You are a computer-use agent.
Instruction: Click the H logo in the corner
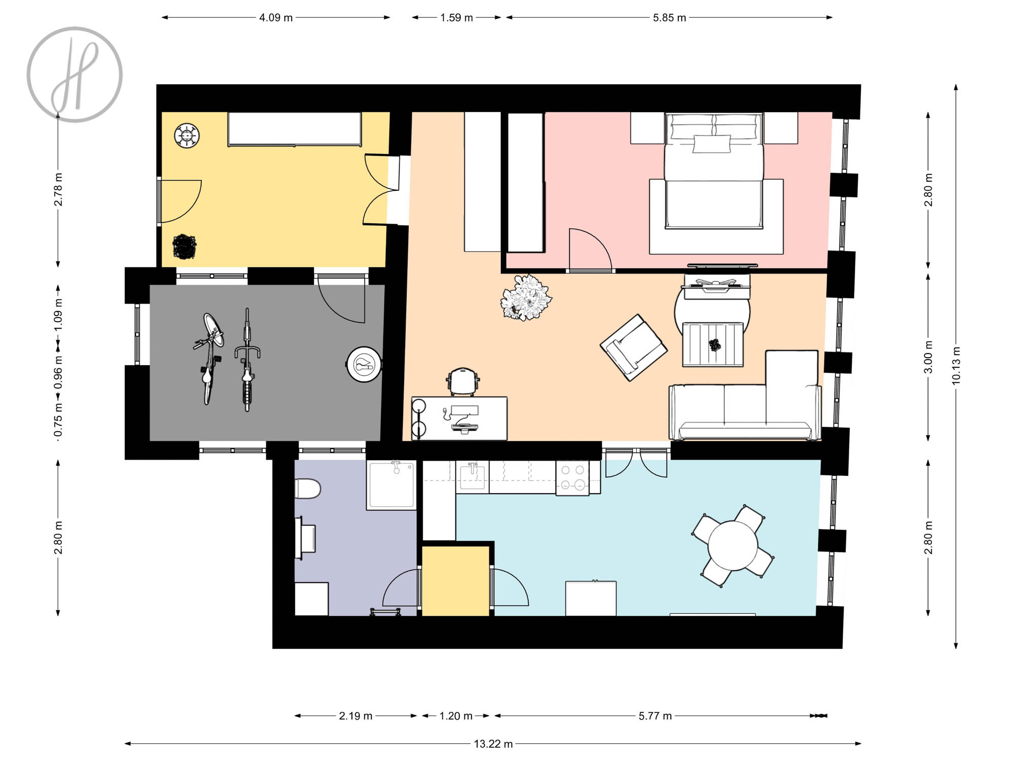point(75,75)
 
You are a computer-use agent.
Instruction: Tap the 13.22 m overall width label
point(493,744)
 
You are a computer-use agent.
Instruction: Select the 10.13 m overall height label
point(956,365)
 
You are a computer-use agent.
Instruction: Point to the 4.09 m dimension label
point(276,18)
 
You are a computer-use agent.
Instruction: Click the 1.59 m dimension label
point(456,18)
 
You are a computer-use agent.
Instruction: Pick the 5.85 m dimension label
point(669,18)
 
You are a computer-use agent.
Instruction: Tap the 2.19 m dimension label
point(355,716)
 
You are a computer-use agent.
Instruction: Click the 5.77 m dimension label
point(655,716)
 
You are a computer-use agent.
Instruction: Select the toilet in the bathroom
point(307,489)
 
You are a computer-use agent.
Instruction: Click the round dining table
point(733,546)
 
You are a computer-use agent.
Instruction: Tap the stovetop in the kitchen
point(572,477)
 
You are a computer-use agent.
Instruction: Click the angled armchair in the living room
point(633,348)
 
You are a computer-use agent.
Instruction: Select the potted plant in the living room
point(526,297)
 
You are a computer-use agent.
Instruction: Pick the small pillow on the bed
point(712,144)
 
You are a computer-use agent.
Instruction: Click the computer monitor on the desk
point(464,409)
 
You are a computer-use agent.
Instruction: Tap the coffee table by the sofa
point(713,344)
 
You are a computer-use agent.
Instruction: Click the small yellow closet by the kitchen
point(456,581)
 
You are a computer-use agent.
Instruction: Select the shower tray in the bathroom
point(391,485)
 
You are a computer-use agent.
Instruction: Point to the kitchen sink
point(473,477)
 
